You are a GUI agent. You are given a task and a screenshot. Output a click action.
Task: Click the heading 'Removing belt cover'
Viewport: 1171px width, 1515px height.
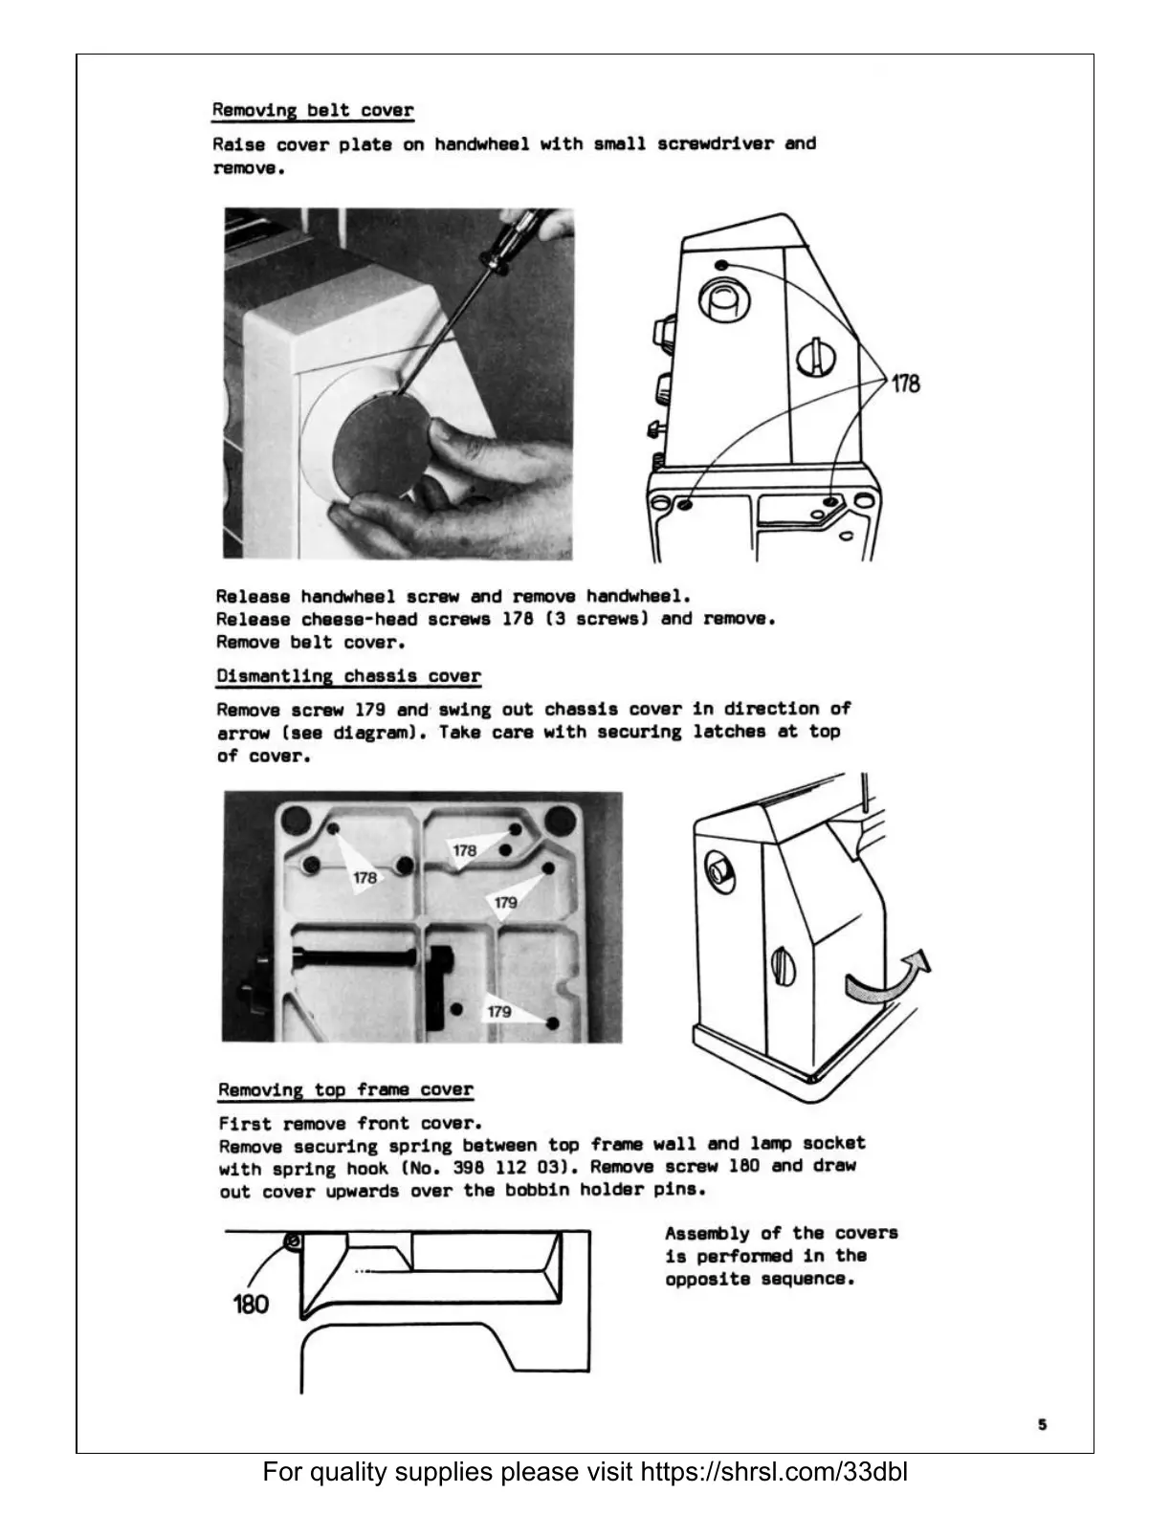[312, 110]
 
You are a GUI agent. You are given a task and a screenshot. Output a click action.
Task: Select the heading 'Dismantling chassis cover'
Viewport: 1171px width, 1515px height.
[348, 676]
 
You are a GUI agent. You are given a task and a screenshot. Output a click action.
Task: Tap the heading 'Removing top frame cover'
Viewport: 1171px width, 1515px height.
[345, 1089]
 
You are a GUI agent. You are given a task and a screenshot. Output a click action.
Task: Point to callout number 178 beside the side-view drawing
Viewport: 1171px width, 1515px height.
[905, 384]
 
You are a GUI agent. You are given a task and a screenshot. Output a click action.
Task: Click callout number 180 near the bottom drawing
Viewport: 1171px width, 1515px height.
[251, 1304]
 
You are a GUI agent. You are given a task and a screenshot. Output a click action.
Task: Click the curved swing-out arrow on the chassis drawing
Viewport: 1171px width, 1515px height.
[888, 979]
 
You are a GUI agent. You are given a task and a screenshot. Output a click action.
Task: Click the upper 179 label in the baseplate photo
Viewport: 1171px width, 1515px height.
[505, 902]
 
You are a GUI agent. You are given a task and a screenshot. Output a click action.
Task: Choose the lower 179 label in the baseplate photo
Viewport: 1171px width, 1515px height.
[499, 1011]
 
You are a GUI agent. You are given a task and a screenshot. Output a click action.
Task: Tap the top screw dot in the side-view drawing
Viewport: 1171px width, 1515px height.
[721, 265]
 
